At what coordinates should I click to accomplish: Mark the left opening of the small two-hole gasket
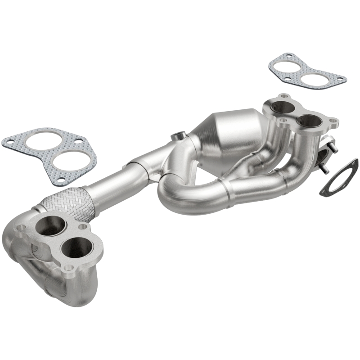288,67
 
